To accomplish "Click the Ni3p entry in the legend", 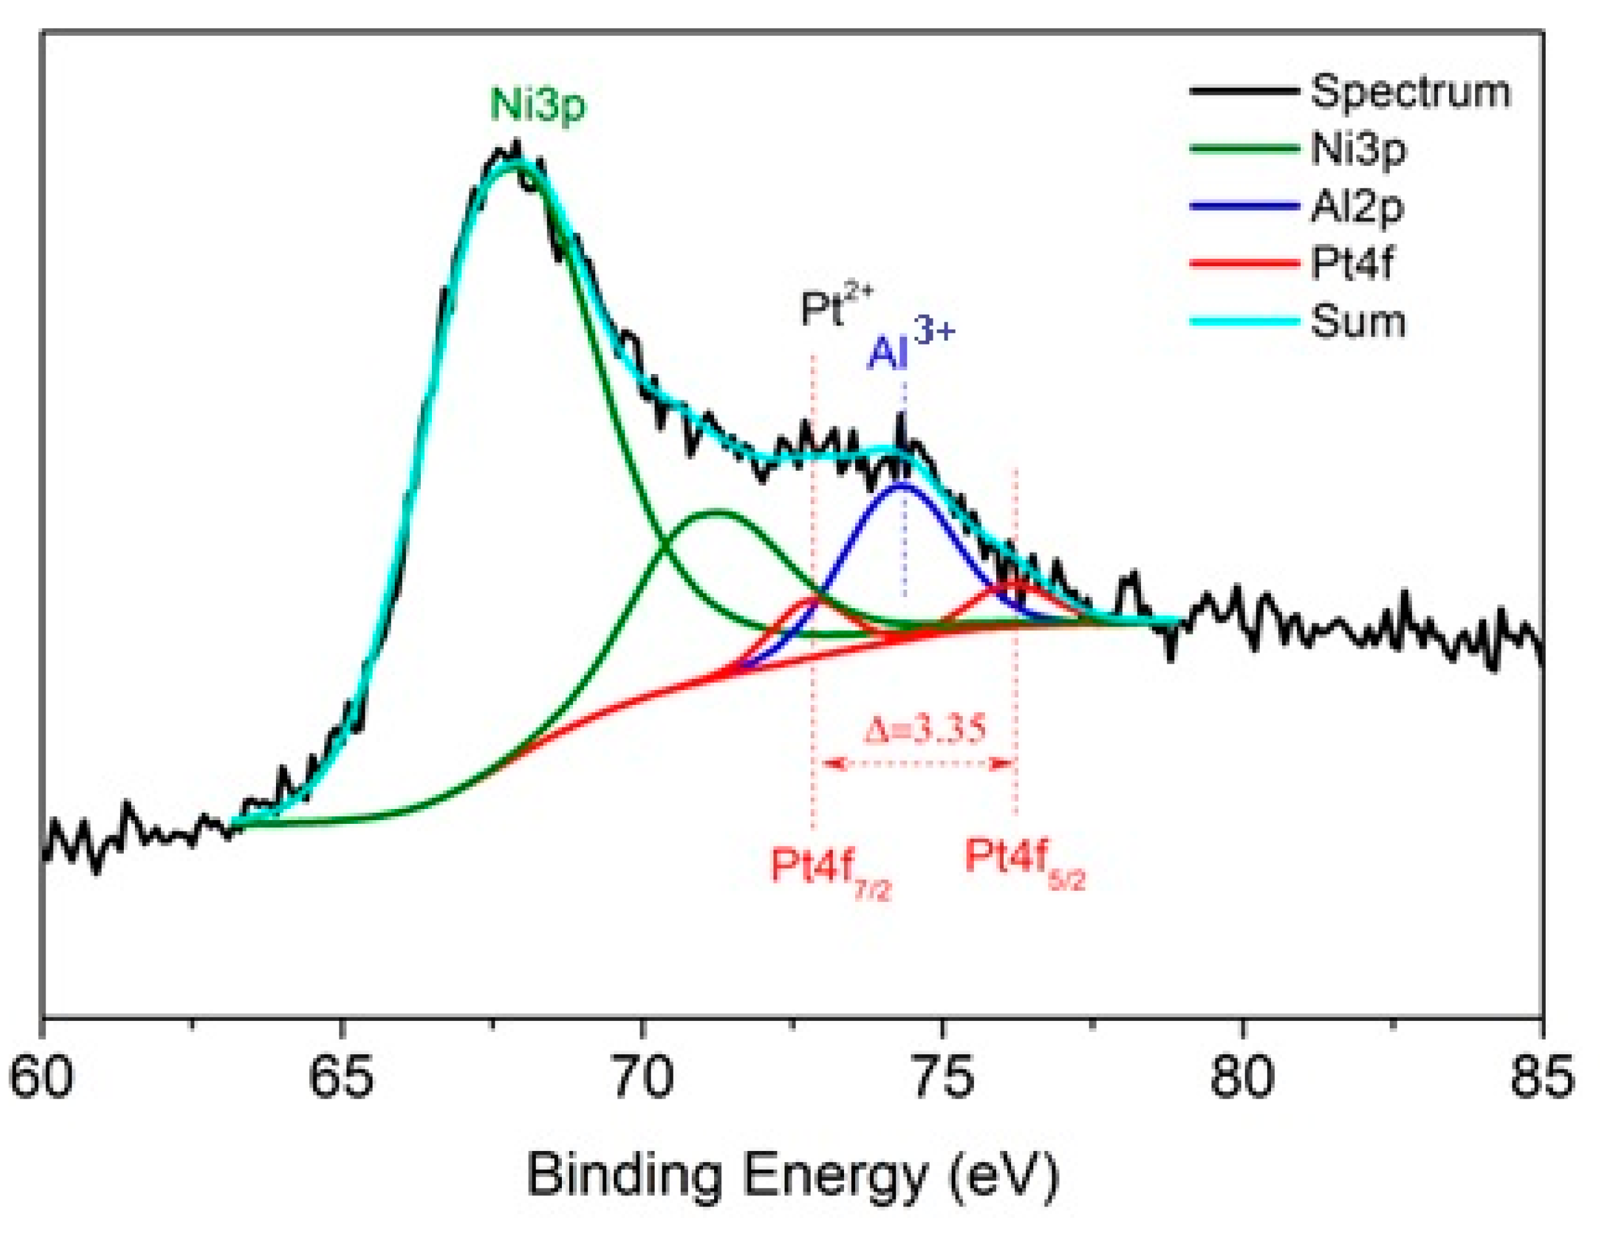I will [1358, 150].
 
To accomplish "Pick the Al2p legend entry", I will [1357, 207].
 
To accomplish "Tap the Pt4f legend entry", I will [1351, 263].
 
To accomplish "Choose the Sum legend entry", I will [1357, 321].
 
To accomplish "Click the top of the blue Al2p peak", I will [903, 484].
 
